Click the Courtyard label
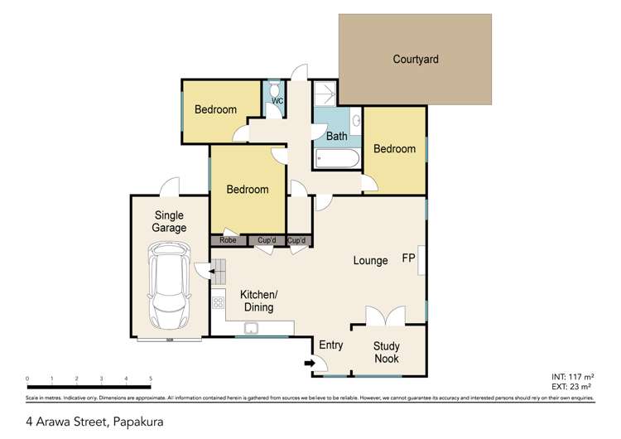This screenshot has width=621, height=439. click(x=415, y=60)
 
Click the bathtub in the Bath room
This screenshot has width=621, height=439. click(x=337, y=158)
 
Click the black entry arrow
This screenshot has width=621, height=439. click(x=310, y=362)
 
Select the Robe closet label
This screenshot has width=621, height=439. click(x=229, y=241)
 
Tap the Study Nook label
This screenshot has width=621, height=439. click(x=386, y=352)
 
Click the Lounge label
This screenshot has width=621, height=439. click(x=370, y=261)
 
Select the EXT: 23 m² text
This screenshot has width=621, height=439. click(x=571, y=386)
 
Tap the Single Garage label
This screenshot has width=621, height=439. click(x=169, y=221)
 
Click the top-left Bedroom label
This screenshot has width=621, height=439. click(x=215, y=109)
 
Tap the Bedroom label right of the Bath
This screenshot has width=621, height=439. click(x=394, y=149)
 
